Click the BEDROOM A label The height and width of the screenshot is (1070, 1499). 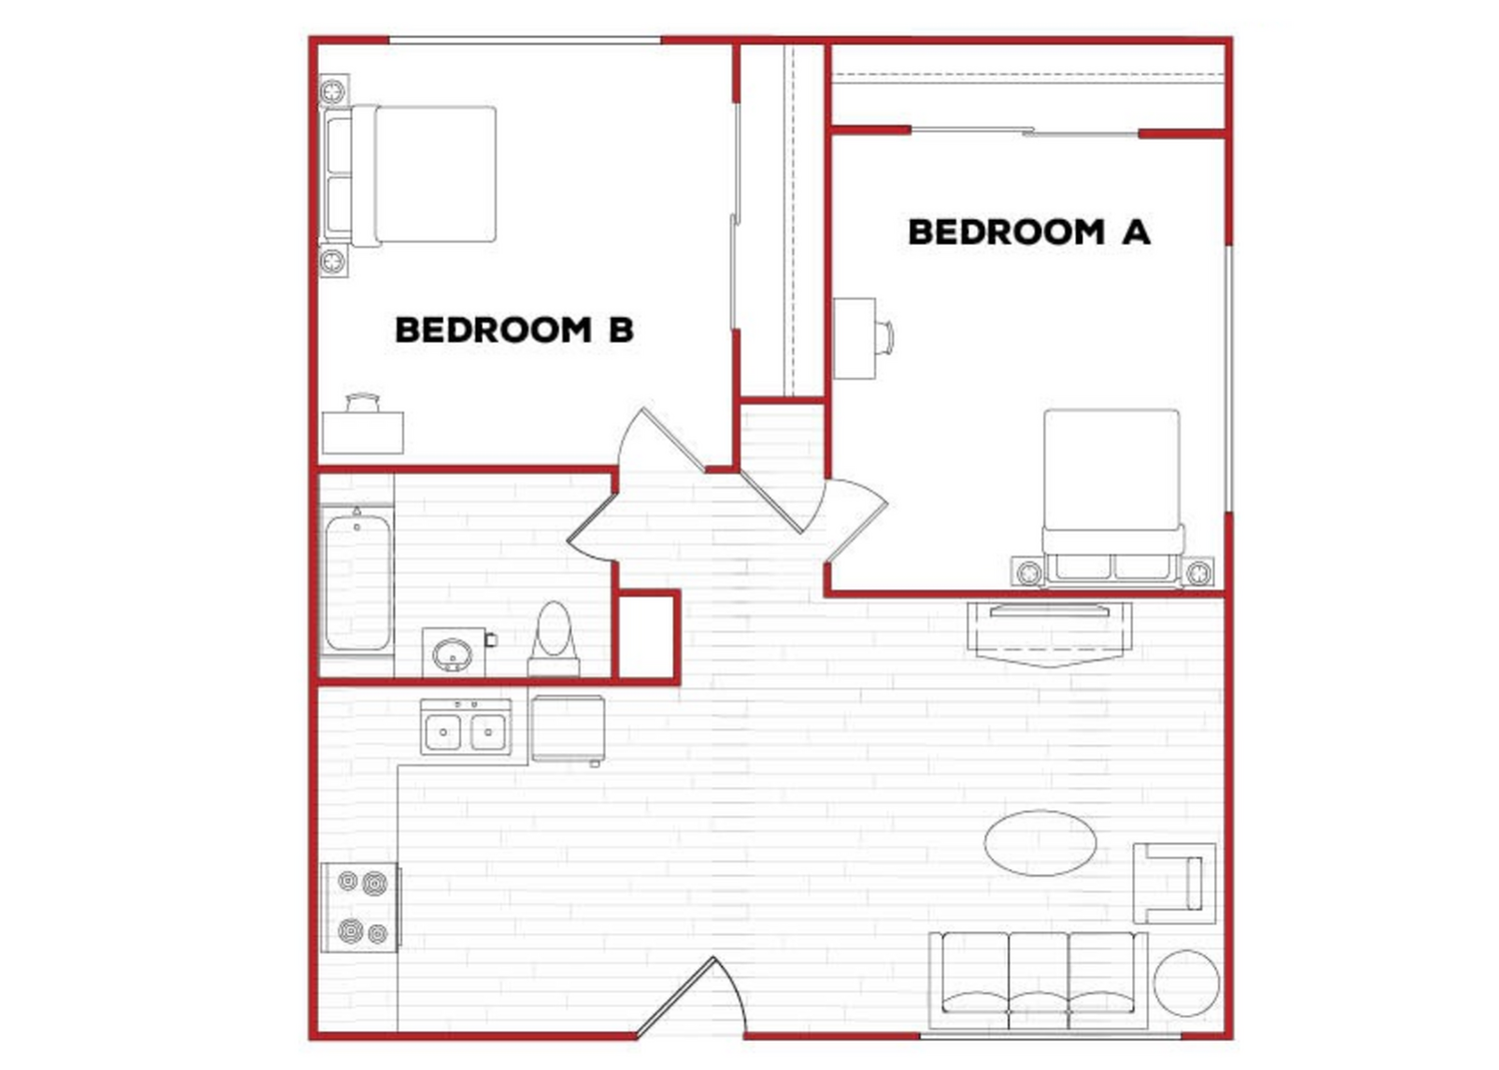point(1028,232)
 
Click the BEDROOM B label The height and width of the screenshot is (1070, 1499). point(514,330)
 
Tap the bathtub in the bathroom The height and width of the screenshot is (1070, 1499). point(357,578)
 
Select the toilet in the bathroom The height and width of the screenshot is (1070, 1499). point(554,639)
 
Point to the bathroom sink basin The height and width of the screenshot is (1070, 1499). point(453,653)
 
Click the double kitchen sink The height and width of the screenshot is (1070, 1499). point(466,727)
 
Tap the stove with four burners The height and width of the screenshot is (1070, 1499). point(361,907)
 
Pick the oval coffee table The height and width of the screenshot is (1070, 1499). point(1040,843)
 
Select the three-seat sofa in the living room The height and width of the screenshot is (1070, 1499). point(1038,981)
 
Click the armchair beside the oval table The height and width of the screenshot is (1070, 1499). point(1174,883)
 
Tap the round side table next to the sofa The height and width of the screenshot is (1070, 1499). point(1186,983)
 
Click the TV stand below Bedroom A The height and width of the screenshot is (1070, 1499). point(1049,633)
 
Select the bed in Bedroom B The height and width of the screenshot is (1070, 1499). point(408,175)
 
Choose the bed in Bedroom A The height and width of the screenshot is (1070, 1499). point(1111,498)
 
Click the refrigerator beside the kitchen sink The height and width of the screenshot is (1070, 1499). point(569,729)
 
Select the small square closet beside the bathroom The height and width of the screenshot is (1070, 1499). point(647,636)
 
